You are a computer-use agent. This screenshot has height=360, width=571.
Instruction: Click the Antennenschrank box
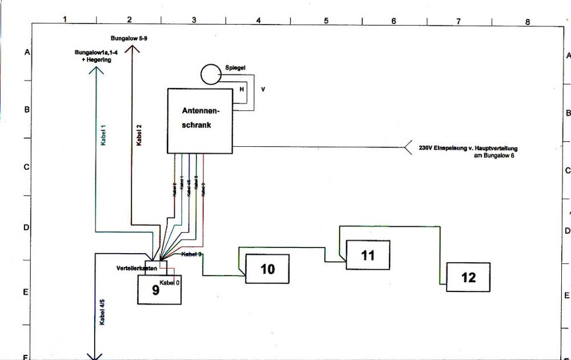[200, 121]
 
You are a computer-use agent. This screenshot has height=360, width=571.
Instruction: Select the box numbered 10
[267, 269]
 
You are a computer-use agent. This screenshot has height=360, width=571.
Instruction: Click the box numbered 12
[468, 277]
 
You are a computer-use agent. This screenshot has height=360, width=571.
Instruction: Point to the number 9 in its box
[155, 290]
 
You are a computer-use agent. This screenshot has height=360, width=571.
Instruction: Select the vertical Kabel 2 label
[139, 135]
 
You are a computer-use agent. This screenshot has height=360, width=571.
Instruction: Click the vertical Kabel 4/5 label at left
[103, 312]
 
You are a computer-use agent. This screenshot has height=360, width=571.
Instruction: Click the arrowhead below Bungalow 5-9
[132, 49]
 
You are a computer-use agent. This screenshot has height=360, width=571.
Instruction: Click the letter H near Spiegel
[242, 90]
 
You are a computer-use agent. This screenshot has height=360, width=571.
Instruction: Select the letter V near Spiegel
[263, 90]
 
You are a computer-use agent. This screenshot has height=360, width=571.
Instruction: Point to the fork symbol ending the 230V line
[408, 147]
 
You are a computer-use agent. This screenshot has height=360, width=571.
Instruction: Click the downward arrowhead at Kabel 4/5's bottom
[95, 355]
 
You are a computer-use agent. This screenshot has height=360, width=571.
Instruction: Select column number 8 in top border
[528, 22]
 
